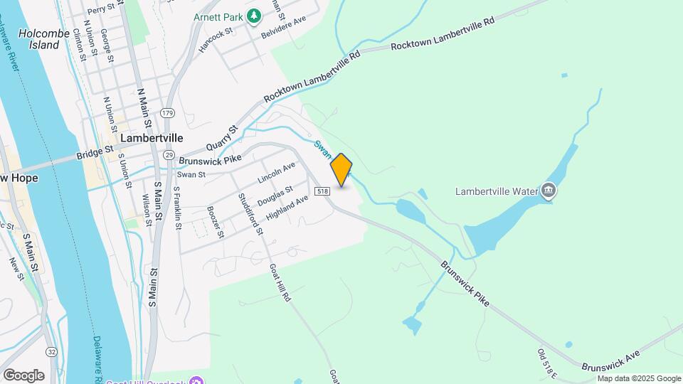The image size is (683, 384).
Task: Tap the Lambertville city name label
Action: pyautogui.click(x=152, y=138)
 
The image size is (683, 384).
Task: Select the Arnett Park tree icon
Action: pyautogui.click(x=254, y=16)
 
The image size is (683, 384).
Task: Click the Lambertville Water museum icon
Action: pyautogui.click(x=548, y=191)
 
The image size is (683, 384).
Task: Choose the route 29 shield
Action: pyautogui.click(x=169, y=154)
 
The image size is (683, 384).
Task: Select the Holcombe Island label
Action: pyautogui.click(x=38, y=39)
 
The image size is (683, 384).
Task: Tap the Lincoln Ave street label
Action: pyautogui.click(x=276, y=171)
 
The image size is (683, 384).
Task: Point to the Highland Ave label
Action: pyautogui.click(x=287, y=208)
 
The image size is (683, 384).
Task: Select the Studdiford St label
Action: pyautogui.click(x=251, y=213)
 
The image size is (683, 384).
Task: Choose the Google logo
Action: pyautogui.click(x=23, y=375)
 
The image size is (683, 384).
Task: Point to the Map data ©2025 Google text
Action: pyautogui.click(x=639, y=378)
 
